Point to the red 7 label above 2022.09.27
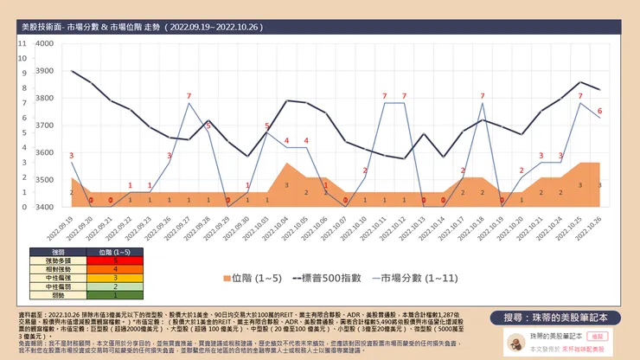189,95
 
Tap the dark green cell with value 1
115,295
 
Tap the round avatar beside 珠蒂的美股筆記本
512,343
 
